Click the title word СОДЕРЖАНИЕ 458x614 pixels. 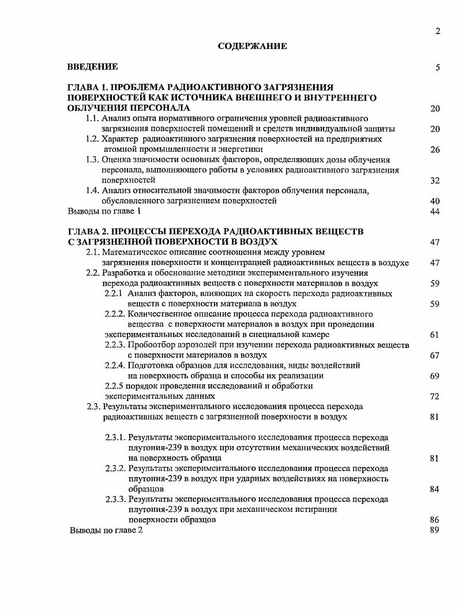[x=252, y=46]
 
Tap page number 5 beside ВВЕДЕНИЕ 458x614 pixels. [x=438, y=68]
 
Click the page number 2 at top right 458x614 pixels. [x=438, y=31]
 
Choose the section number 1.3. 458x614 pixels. [x=92, y=160]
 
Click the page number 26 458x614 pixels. [x=435, y=150]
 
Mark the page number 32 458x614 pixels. [x=435, y=181]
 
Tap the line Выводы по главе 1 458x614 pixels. [x=104, y=212]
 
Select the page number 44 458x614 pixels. [x=435, y=212]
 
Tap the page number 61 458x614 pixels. [x=435, y=335]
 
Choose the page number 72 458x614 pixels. [x=435, y=396]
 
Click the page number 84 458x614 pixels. [x=435, y=489]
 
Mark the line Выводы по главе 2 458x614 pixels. [x=106, y=530]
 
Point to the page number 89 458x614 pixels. [x=435, y=530]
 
